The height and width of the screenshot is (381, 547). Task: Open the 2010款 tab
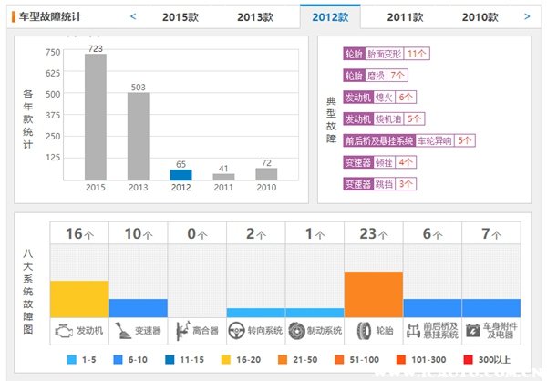[x=480, y=16]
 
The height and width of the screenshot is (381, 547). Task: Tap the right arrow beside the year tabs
[x=527, y=15]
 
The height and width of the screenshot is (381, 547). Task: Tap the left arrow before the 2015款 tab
[x=133, y=15]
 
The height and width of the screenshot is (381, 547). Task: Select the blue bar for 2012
[x=181, y=174]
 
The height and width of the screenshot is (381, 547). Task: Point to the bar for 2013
[x=138, y=136]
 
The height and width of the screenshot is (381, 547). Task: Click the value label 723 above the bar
[x=95, y=47]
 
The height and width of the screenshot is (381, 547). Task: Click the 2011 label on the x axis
[x=223, y=188]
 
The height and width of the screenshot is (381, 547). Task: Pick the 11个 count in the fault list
[x=418, y=54]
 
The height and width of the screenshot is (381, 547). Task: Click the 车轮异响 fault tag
[x=435, y=141]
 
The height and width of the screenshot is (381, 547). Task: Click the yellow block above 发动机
[x=79, y=298]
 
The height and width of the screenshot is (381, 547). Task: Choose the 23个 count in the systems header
[x=373, y=233]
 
